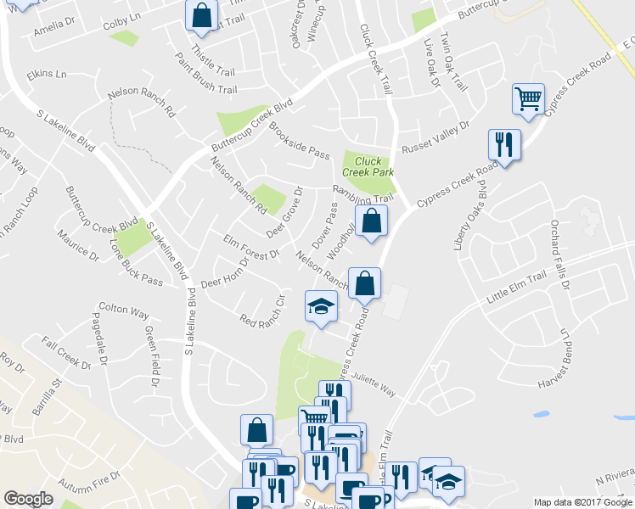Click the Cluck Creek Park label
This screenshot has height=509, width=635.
pyautogui.click(x=368, y=166)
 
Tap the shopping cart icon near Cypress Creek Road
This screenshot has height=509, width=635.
pyautogui.click(x=528, y=100)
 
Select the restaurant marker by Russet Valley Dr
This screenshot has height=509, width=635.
pyautogui.click(x=504, y=144)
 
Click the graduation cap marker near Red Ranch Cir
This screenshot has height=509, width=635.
pyautogui.click(x=321, y=306)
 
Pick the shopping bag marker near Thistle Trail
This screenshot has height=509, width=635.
pyautogui.click(x=202, y=14)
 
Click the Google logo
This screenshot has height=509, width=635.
pyautogui.click(x=29, y=498)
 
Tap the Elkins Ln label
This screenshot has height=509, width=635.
pyautogui.click(x=47, y=75)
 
